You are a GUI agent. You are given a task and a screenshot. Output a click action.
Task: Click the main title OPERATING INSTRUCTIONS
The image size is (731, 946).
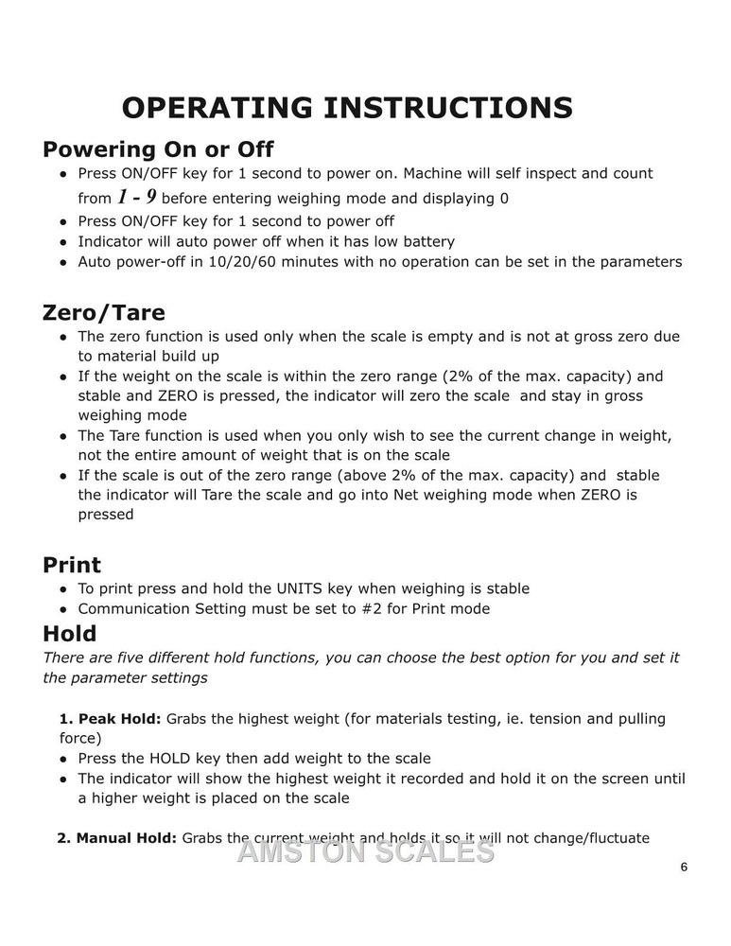(347, 108)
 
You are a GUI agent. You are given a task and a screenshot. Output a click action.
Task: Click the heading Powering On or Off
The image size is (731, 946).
(158, 149)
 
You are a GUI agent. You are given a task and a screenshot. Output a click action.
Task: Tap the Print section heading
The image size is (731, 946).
(72, 565)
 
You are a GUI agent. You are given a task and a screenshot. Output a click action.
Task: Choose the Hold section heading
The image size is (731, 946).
(69, 633)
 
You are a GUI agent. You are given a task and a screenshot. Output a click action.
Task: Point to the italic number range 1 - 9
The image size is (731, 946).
(137, 198)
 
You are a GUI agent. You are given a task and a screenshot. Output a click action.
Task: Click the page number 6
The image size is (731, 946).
(683, 867)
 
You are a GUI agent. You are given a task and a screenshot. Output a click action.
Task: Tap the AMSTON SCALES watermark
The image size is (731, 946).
(365, 851)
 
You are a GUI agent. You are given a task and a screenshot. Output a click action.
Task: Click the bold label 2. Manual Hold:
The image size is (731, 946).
(117, 838)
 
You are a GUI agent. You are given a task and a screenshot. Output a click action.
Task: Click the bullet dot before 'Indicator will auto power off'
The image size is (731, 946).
(62, 242)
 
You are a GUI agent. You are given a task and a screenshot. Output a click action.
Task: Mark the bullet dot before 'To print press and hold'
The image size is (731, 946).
(62, 589)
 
